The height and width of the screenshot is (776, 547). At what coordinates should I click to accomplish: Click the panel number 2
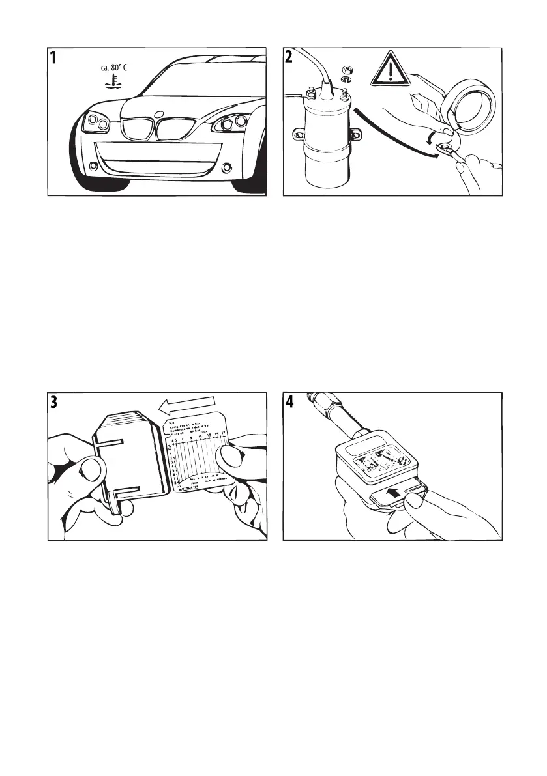click(x=290, y=59)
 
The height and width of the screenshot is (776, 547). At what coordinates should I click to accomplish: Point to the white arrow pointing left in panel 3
click(x=185, y=407)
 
